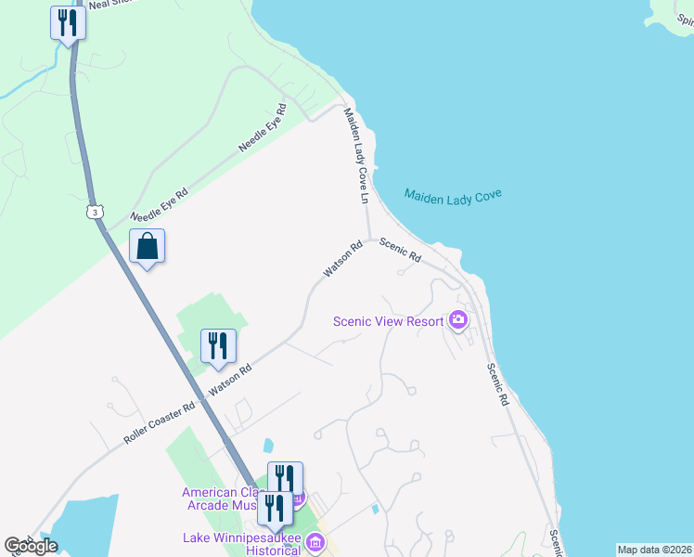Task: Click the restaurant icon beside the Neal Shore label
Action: coord(68,21)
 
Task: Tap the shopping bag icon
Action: coord(147,247)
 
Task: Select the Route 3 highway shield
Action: coord(95,213)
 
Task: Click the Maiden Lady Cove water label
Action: coord(453,197)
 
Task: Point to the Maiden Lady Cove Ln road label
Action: coord(357,156)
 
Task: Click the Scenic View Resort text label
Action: coord(390,322)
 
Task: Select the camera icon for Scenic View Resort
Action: coord(457,321)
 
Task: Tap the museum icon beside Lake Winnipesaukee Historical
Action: coord(315,542)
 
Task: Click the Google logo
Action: coord(31,546)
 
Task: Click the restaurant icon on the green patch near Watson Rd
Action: coord(218,346)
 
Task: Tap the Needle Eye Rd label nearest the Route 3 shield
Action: coord(160,204)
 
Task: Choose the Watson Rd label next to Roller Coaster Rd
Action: coord(231,382)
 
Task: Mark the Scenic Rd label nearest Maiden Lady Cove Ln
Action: coord(401,251)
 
